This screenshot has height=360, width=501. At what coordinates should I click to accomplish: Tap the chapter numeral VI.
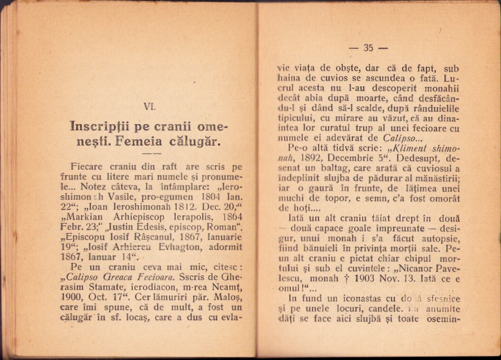click(150, 106)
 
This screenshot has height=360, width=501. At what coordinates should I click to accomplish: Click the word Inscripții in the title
click(105, 125)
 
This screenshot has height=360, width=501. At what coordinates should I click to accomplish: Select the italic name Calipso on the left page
click(85, 276)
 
